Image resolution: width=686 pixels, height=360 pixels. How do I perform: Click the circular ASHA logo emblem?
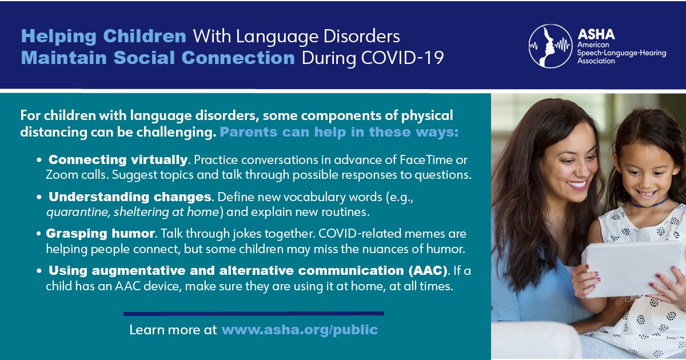(x=551, y=46)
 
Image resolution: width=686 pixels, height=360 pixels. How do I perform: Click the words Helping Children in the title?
(x=103, y=37)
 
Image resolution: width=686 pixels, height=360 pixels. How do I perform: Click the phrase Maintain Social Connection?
(x=158, y=58)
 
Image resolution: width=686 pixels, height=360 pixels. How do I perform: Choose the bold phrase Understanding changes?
(x=130, y=197)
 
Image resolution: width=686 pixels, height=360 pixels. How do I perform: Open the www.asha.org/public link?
(x=300, y=330)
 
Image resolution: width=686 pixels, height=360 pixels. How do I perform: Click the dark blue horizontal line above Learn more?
(x=253, y=313)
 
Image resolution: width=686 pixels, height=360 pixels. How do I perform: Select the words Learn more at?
(x=173, y=330)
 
